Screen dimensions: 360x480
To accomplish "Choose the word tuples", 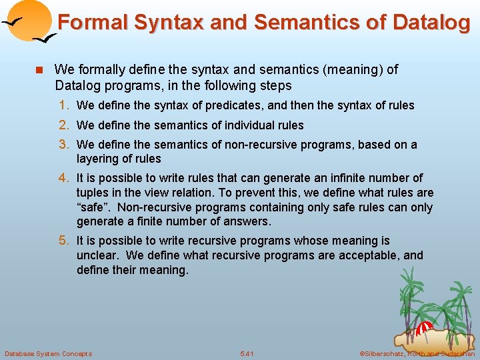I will (x=93, y=193).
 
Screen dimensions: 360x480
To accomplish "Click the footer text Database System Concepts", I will (x=49, y=353).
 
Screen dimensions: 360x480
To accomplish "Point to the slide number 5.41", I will (x=247, y=353).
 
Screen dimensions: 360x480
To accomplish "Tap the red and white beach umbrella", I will (x=424, y=327).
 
